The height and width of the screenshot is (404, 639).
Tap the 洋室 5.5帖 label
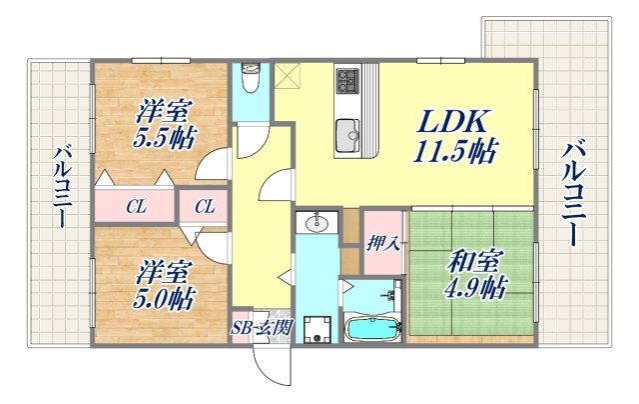(165, 124)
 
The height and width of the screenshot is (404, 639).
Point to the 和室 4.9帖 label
(472, 276)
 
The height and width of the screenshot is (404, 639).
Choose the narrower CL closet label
(204, 208)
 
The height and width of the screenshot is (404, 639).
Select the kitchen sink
(348, 131)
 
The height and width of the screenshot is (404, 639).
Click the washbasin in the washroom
(319, 223)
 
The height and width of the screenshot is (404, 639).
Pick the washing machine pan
(319, 329)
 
